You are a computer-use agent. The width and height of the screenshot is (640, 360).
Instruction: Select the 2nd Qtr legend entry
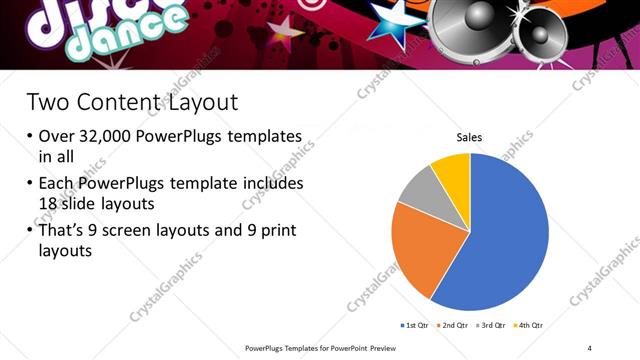coord(453,326)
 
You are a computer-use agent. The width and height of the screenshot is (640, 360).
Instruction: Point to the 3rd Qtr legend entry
coord(492,326)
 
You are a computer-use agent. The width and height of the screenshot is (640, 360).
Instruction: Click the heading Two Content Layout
coord(132,102)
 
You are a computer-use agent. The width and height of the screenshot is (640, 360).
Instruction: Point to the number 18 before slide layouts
coord(49,204)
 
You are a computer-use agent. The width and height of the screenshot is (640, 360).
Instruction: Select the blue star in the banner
coord(391,22)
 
